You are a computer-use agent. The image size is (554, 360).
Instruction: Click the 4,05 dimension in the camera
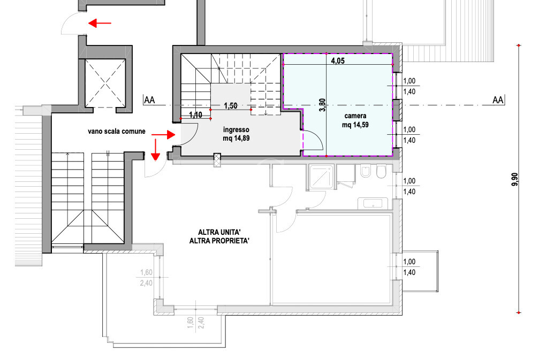(x=337, y=60)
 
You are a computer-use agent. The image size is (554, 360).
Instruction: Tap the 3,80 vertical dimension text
(x=322, y=105)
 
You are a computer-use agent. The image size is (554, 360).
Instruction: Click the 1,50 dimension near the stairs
(x=231, y=105)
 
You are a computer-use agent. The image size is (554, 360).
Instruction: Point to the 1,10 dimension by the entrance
(x=196, y=114)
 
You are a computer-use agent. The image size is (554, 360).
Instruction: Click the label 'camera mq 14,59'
(x=355, y=120)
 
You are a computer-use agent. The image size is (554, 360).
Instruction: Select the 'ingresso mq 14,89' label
(x=236, y=134)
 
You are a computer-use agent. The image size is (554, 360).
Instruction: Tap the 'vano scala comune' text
(x=117, y=131)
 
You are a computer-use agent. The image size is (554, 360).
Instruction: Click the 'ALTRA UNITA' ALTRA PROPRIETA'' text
(x=219, y=236)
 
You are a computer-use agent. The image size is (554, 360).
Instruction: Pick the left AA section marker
(x=149, y=100)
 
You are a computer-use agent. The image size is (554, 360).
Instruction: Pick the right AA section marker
(x=498, y=100)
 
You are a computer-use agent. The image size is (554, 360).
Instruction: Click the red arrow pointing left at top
(x=100, y=24)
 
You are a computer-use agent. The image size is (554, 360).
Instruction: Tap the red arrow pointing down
(x=155, y=150)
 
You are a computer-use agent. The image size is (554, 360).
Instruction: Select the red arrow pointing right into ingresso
(x=163, y=134)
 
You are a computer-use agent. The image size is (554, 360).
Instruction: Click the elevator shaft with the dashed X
(x=105, y=83)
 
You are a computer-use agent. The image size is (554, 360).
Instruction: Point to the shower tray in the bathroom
(x=321, y=177)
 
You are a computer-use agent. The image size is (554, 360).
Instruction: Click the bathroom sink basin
(x=373, y=204)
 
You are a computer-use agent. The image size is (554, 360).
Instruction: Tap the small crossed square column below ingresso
(x=217, y=160)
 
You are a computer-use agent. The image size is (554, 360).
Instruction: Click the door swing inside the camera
(x=313, y=140)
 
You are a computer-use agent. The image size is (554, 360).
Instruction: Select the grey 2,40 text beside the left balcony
(x=146, y=283)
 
